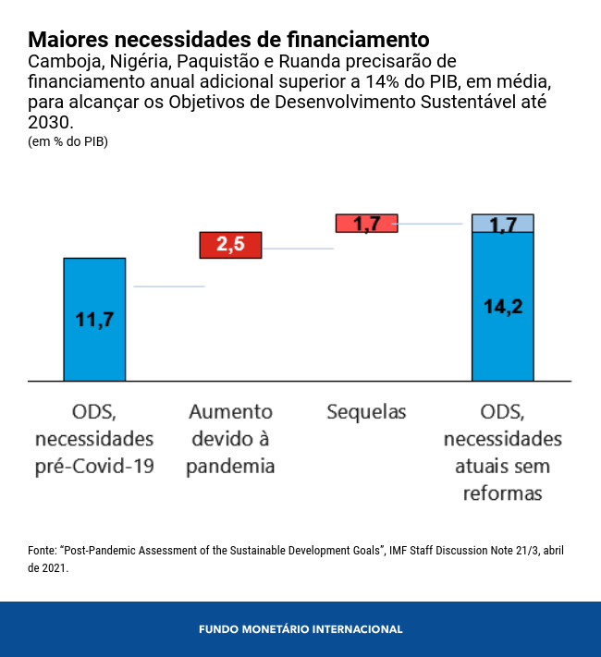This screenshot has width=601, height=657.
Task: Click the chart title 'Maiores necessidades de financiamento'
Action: (228, 40)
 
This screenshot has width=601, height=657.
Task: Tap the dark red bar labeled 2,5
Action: (231, 245)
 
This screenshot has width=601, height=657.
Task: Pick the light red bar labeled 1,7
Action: (366, 223)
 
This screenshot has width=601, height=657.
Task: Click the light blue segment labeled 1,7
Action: (502, 223)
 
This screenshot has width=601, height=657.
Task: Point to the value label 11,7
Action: (94, 320)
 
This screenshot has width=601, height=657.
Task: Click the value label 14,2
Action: (502, 307)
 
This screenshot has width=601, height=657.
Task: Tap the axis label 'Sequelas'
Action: (366, 412)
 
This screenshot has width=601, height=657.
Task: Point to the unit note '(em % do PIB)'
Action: (68, 141)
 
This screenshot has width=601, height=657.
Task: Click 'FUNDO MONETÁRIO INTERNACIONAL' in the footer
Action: (300, 629)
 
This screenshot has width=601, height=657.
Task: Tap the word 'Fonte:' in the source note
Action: (43, 550)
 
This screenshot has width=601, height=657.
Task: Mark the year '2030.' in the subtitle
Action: (49, 122)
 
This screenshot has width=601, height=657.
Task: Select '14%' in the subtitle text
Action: (384, 81)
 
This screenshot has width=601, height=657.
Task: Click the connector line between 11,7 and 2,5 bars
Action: (168, 286)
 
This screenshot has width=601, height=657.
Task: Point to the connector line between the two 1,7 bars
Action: (435, 224)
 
